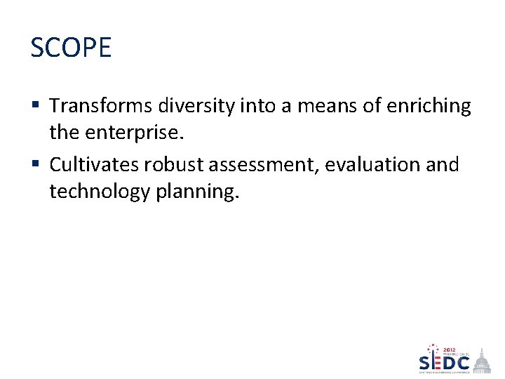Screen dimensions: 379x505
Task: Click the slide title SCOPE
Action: (x=71, y=48)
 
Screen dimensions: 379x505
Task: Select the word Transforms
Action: (x=101, y=106)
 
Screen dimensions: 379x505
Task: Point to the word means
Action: (x=317, y=106)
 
